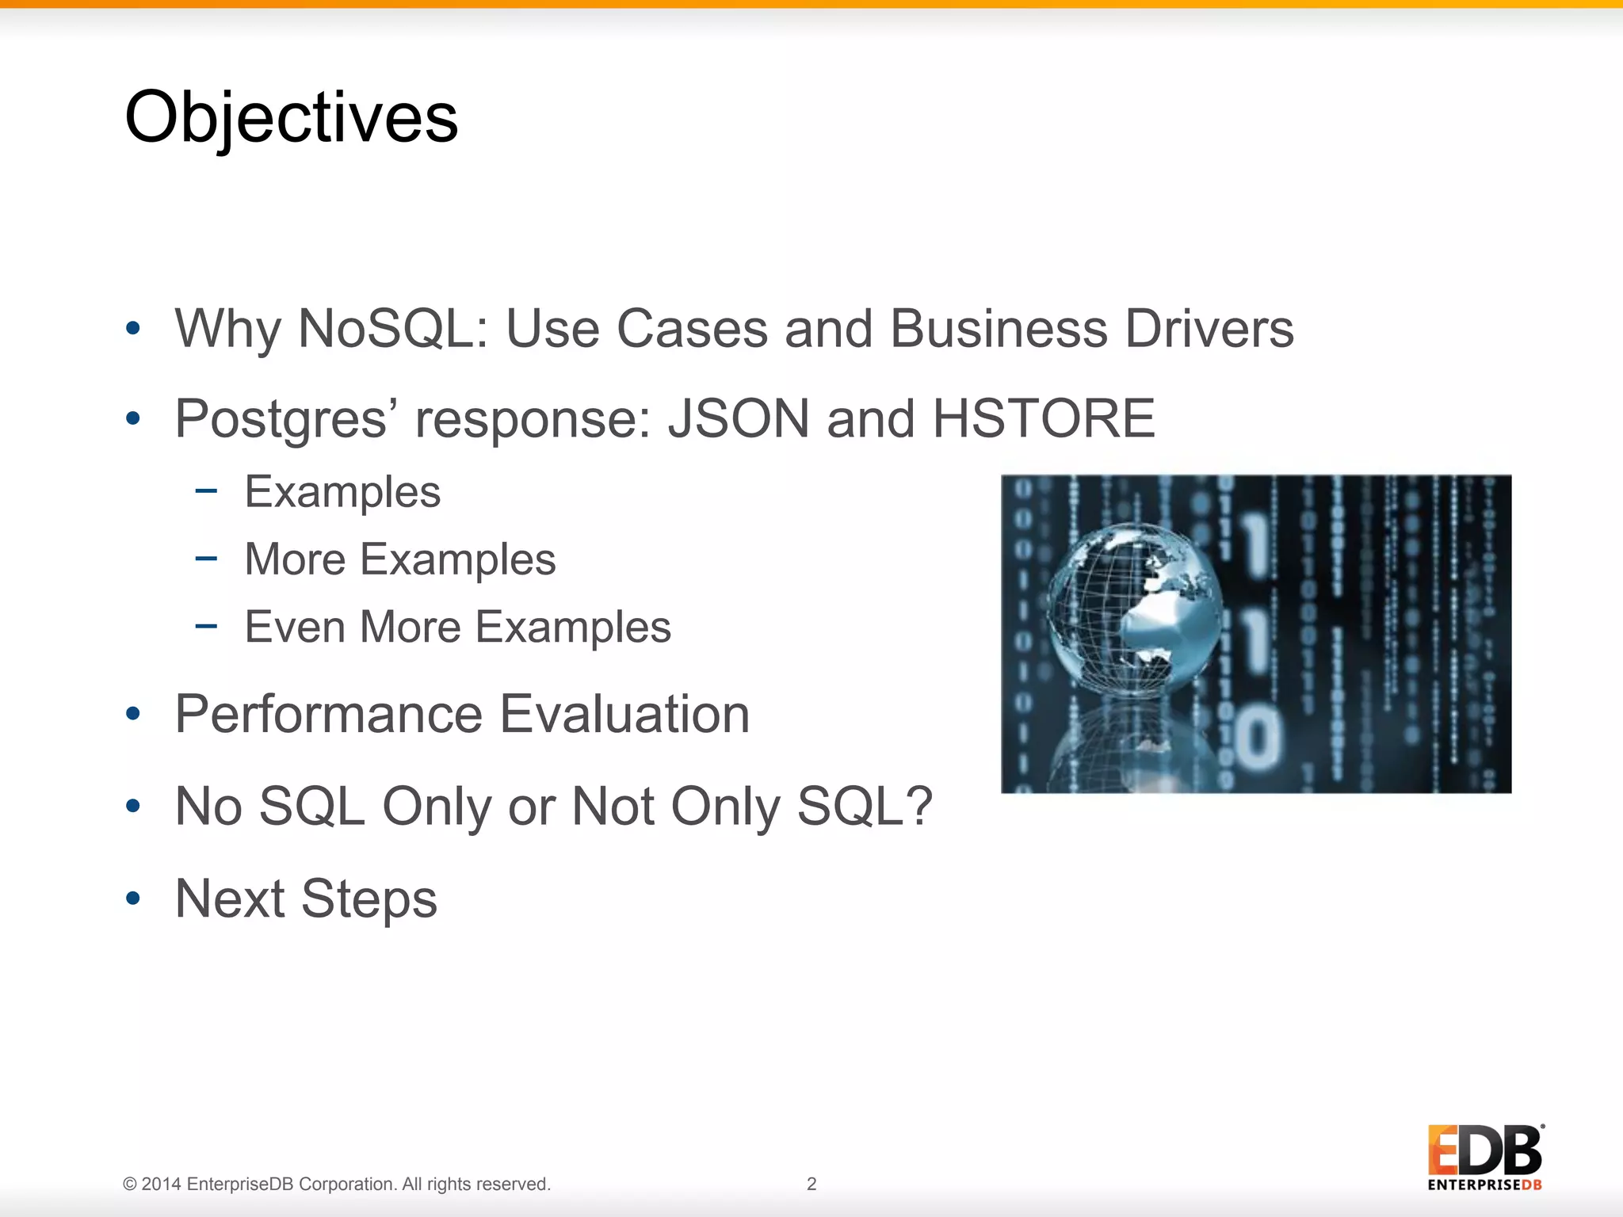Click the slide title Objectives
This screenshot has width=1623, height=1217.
291,117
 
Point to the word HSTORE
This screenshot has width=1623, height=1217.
1044,418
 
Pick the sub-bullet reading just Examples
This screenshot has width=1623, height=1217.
342,493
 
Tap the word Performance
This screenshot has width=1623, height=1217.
328,715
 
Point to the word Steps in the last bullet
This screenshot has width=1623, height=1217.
369,898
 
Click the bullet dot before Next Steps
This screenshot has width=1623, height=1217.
133,898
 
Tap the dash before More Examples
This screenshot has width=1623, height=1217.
206,559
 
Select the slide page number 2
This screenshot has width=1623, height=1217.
811,1184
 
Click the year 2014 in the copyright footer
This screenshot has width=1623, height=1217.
161,1185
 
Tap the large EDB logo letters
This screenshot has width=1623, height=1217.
1484,1150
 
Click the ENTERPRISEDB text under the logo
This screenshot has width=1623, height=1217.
1484,1185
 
